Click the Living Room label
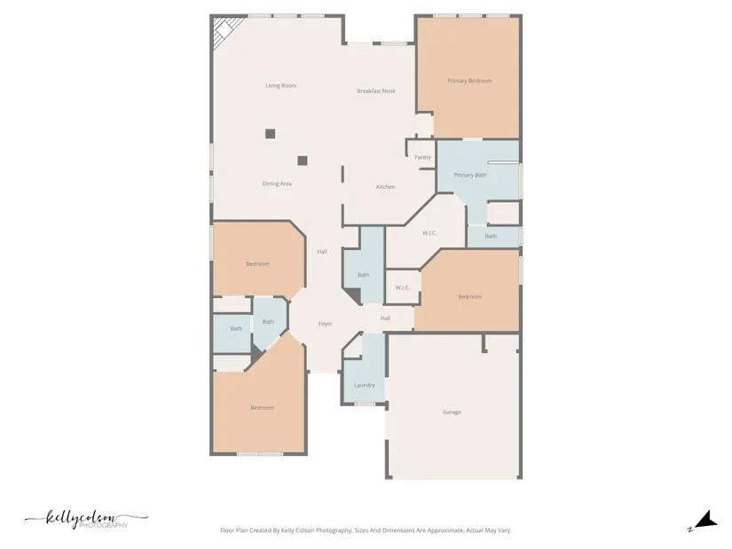click(280, 85)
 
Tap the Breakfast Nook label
click(376, 91)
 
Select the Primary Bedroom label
click(469, 81)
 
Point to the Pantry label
click(423, 157)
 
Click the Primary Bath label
click(470, 175)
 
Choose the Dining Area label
click(278, 184)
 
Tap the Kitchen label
click(386, 187)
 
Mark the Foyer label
click(326, 324)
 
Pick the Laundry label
click(365, 385)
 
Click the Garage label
click(452, 412)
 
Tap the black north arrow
click(707, 519)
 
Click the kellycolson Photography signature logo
click(86, 520)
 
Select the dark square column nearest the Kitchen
click(303, 161)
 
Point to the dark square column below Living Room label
click(271, 134)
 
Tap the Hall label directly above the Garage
click(385, 318)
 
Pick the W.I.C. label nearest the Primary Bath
click(429, 233)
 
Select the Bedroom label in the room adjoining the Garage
click(469, 297)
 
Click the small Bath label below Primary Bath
click(491, 236)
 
